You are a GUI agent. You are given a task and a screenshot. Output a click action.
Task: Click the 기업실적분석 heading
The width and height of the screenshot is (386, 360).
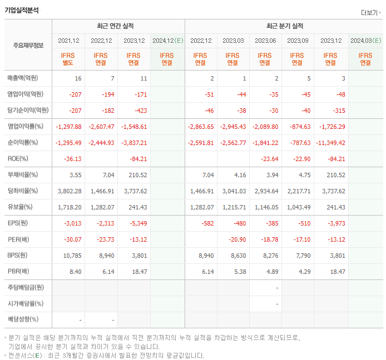(x=22, y=9)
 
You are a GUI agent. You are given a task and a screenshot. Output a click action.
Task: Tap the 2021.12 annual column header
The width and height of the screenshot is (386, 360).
(x=68, y=41)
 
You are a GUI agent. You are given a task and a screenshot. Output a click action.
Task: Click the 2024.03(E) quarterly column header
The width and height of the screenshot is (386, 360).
(x=365, y=41)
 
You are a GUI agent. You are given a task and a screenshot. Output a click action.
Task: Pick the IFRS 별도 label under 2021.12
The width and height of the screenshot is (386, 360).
(x=68, y=59)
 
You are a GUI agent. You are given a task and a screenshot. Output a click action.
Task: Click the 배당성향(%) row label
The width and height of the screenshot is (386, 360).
(x=23, y=319)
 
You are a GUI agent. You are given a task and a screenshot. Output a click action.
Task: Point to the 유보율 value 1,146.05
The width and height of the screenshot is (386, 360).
(x=266, y=207)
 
